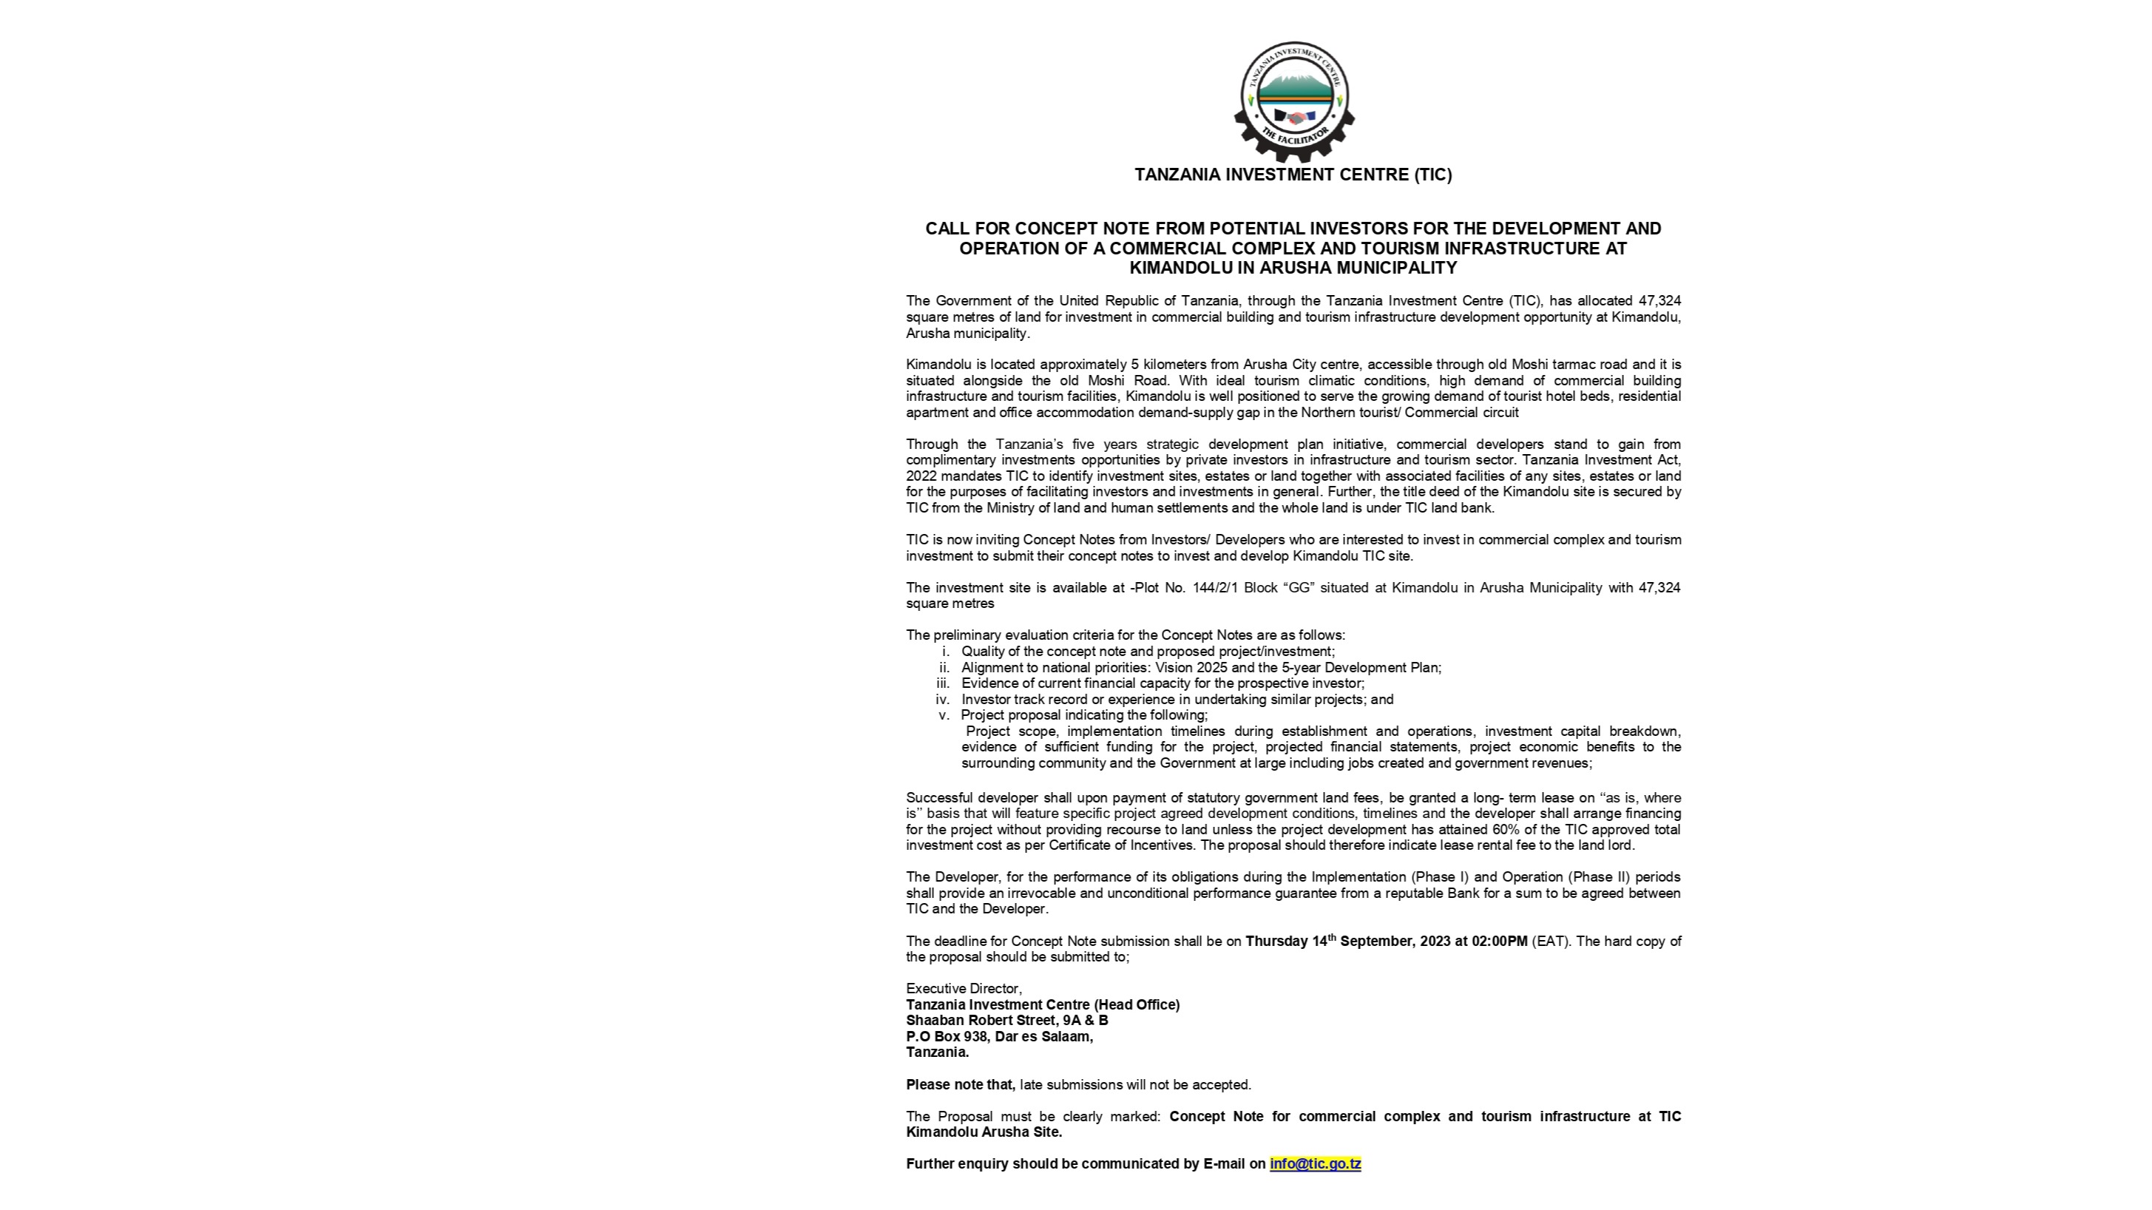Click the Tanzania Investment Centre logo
1293,101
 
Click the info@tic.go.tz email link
1315,1163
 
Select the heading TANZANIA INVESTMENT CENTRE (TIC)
1293,175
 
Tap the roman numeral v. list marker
944,714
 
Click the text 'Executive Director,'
963,989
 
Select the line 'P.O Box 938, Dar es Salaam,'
999,1036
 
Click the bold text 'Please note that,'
960,1085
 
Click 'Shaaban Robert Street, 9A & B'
1006,1021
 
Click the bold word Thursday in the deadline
1276,941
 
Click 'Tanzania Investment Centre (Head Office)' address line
1043,1004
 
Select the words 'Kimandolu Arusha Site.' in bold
984,1132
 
